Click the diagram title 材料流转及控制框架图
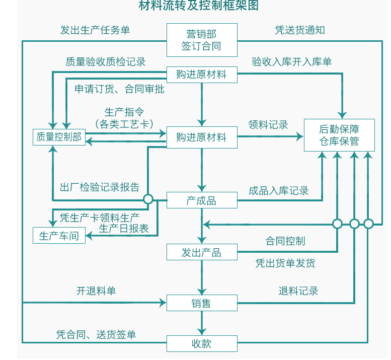tap(199, 6)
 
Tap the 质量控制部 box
tap(59, 137)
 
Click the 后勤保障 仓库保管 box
tap(339, 134)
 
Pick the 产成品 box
tap(201, 200)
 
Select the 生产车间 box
tap(59, 236)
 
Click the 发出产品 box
tap(201, 252)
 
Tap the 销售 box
tap(201, 303)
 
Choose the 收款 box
tap(201, 343)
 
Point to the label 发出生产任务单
tap(95, 30)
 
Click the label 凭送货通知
tap(300, 30)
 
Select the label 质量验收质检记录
tap(106, 62)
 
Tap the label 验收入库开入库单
tap(292, 62)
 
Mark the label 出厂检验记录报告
tap(100, 187)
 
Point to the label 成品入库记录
tap(279, 191)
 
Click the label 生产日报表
tap(124, 229)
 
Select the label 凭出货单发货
tap(285, 263)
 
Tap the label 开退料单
tap(96, 291)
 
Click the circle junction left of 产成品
tap(148, 199)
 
